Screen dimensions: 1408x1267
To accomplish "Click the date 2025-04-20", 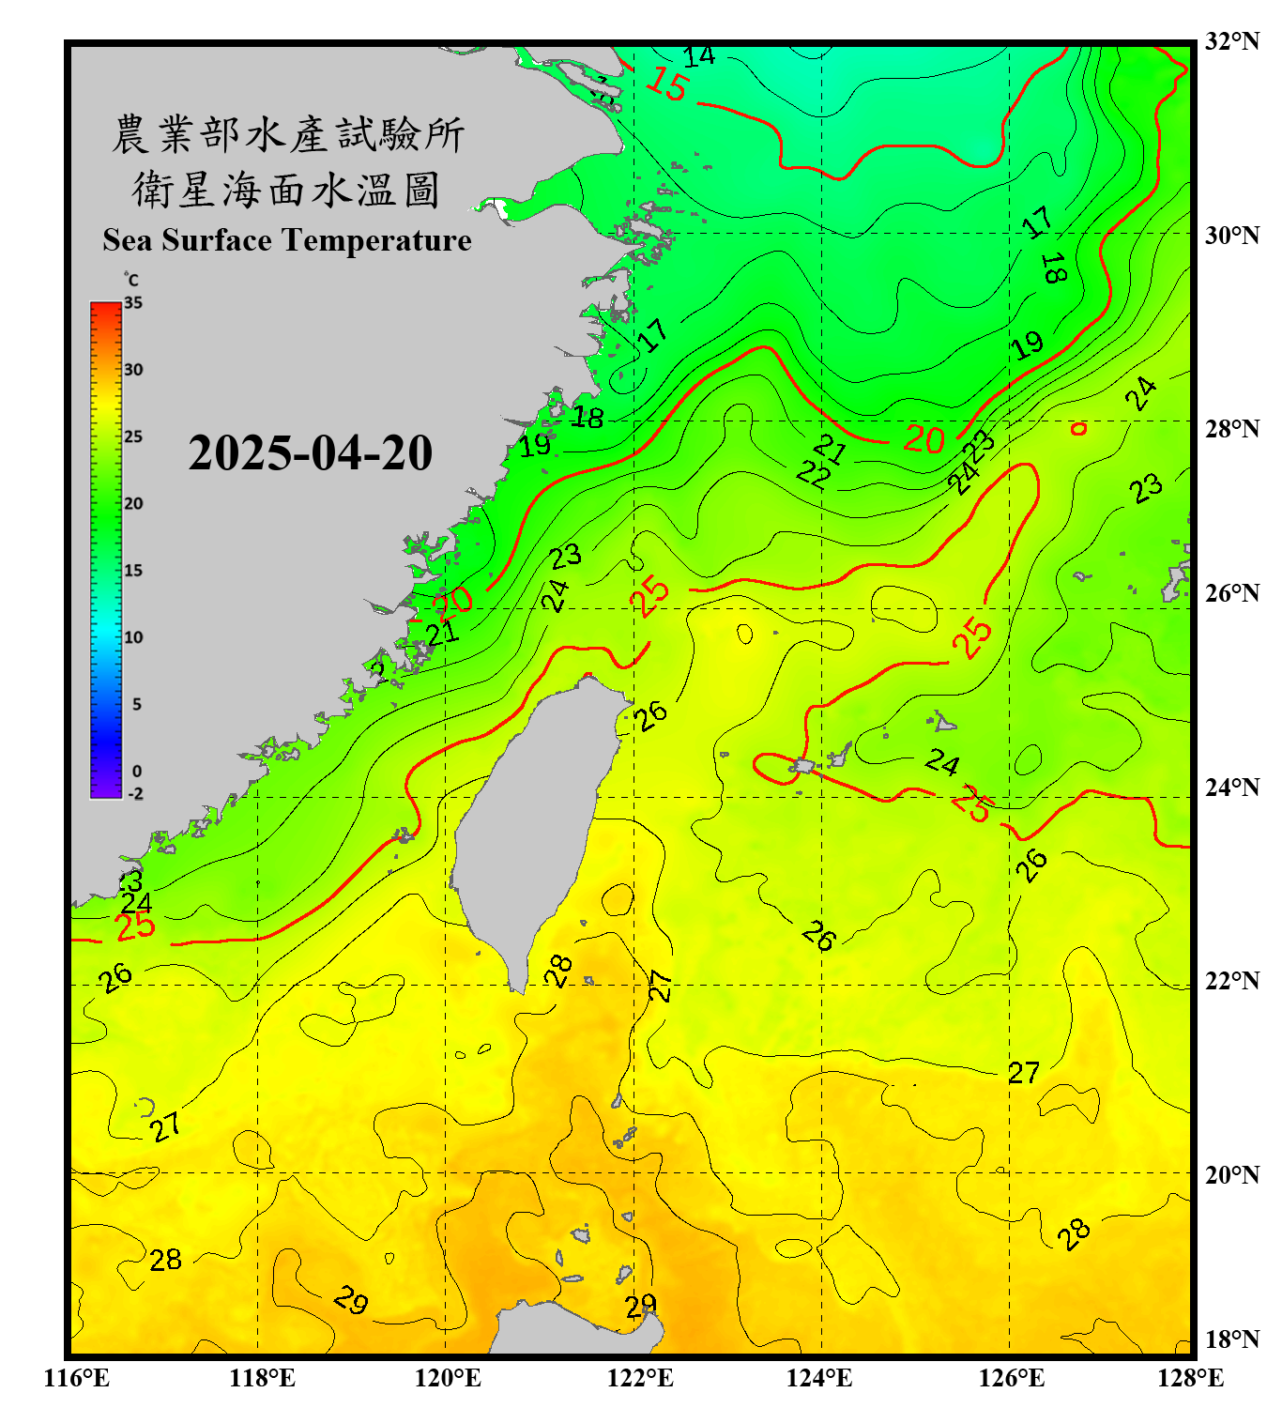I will (310, 453).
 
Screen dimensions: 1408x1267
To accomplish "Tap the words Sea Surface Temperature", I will (287, 240).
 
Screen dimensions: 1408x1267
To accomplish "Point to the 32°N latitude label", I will (1231, 41).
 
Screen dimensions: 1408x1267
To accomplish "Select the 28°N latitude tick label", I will (1231, 429).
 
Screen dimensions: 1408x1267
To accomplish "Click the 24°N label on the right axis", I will (1231, 787).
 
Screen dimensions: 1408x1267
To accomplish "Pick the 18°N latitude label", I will (1231, 1339).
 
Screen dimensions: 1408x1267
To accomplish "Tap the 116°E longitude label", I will (77, 1378).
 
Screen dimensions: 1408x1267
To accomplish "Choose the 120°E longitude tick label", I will (448, 1378).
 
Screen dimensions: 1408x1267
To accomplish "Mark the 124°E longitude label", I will (819, 1378).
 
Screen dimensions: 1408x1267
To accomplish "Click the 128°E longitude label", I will (1190, 1378).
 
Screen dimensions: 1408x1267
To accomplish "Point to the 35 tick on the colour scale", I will (133, 303).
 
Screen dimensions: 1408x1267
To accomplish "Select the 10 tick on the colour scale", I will (133, 637).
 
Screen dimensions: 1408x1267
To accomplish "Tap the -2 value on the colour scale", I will (135, 794).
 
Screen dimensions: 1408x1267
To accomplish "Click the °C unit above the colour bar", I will (131, 280).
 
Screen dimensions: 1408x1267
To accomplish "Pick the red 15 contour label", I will (667, 84).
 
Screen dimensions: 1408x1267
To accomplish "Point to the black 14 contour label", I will (698, 57).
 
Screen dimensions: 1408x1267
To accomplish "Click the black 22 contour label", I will (813, 475).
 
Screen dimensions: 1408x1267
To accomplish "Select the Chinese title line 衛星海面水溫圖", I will (286, 191).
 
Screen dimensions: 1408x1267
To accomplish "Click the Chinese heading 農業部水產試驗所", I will (288, 135).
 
